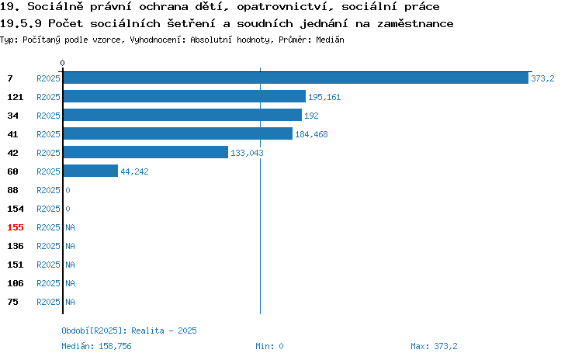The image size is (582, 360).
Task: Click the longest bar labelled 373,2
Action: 296,78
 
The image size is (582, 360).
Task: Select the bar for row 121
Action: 185,96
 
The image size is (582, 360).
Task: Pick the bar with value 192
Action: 182,115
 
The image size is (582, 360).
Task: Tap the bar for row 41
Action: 178,133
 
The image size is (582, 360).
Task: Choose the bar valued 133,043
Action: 146,152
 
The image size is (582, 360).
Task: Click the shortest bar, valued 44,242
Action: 91,171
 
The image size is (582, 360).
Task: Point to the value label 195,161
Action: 324,97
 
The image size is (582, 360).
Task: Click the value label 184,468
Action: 311,134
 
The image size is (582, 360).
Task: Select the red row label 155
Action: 16,227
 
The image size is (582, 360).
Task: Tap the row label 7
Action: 10,78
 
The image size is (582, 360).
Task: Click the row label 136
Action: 16,246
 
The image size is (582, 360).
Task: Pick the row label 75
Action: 12,302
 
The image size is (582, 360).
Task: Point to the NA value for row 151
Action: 70,265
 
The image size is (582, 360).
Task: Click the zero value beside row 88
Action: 68,190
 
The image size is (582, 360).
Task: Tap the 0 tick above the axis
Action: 62,63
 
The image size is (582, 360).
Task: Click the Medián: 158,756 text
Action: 96,346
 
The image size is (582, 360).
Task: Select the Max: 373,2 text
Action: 434,346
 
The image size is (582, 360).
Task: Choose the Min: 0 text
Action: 269,346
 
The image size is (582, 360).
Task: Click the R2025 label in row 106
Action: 48,283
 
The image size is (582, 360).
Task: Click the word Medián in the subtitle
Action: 330,40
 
